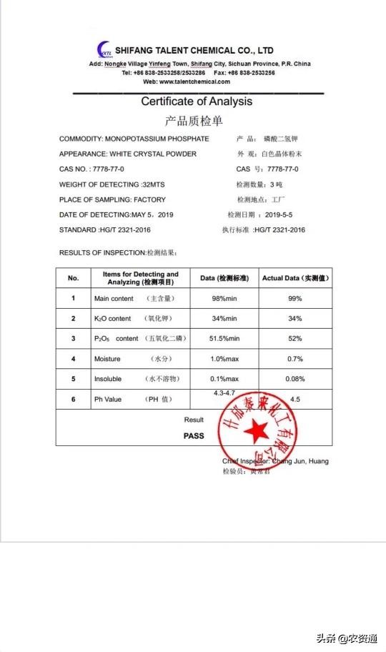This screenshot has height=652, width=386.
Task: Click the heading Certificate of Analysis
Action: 196,102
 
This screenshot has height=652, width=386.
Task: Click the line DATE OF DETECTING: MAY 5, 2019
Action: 116,214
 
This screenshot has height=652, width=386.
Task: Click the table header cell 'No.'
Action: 73,278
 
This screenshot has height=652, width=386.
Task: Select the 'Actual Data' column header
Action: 295,278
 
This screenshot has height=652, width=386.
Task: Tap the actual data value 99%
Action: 295,298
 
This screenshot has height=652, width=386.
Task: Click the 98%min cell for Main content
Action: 224,298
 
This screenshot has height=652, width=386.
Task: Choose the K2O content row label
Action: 113,318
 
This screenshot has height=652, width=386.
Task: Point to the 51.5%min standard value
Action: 224,338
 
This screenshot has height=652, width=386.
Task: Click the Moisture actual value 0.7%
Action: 295,358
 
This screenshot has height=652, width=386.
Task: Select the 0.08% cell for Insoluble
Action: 295,379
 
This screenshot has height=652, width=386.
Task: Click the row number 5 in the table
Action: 73,379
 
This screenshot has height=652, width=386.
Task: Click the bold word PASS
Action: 194,435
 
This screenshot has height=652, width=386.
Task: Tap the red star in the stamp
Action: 256,430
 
